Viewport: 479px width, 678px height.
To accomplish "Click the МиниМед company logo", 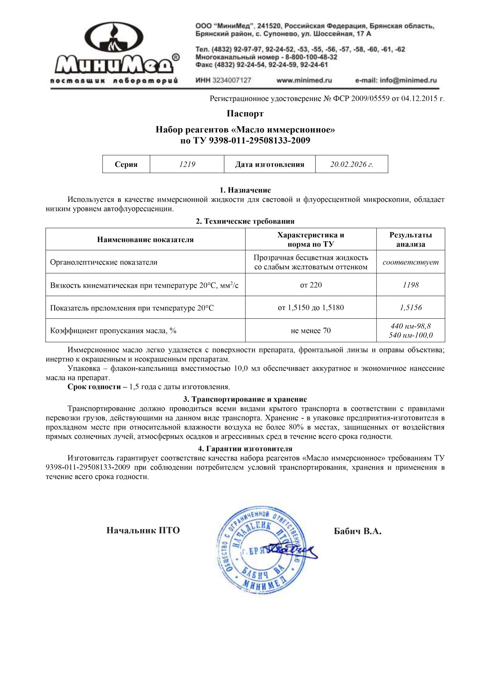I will (114, 52).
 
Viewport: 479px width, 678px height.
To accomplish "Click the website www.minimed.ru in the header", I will (304, 80).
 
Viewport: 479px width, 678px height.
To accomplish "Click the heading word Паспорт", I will (245, 114).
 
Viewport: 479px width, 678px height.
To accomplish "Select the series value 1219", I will (187, 164).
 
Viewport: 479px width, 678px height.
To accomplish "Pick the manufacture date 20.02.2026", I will (351, 164).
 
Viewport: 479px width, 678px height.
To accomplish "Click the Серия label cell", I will (126, 164).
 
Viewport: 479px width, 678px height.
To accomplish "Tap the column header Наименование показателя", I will (145, 240).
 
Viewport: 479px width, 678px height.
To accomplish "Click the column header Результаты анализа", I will (410, 239).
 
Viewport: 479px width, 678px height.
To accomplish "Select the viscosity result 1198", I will (410, 285).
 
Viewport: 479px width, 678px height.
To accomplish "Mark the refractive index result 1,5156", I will (410, 308).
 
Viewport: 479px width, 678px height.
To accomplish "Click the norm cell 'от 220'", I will (311, 285).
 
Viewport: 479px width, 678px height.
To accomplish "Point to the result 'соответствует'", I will (410, 262).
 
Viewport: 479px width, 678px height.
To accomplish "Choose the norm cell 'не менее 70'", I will (311, 330).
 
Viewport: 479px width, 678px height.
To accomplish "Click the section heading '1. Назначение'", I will (245, 190).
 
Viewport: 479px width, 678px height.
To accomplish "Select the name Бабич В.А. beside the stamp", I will (358, 531).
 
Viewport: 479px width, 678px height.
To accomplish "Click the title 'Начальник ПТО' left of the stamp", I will (143, 531).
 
